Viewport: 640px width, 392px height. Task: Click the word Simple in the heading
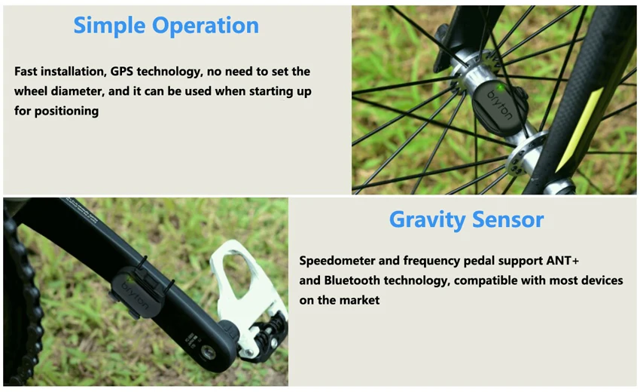[x=109, y=26]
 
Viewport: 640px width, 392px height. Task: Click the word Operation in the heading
[x=206, y=26]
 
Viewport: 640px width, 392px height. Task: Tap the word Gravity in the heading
[x=428, y=220]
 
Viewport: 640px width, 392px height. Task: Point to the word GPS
[x=122, y=72]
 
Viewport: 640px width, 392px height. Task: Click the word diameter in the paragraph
[x=77, y=91]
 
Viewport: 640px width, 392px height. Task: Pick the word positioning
[x=66, y=111]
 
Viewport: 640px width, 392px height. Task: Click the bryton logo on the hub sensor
[x=500, y=106]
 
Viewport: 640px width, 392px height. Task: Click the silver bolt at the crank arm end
[x=208, y=352]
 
